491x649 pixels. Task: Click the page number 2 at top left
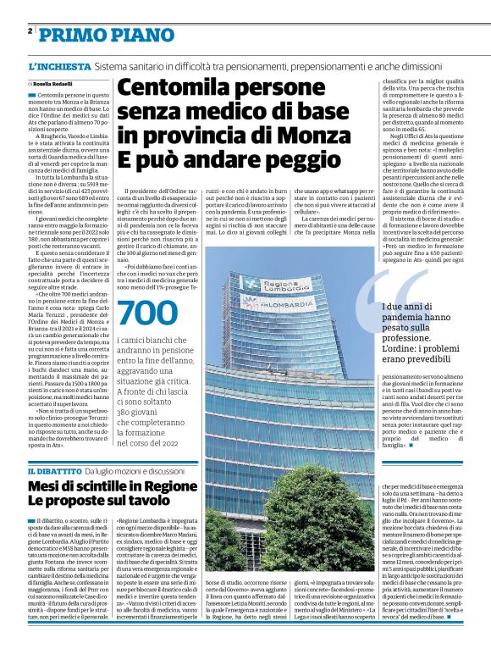(30, 31)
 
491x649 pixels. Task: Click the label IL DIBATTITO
(54, 470)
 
